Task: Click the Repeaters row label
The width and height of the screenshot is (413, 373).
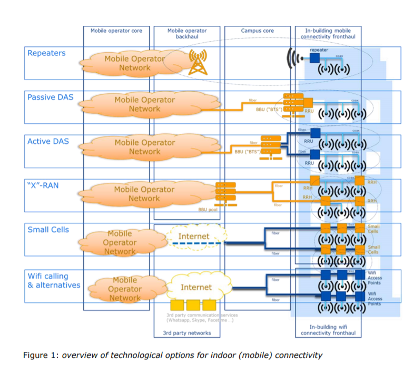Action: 46,53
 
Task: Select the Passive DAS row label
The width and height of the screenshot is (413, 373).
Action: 51,97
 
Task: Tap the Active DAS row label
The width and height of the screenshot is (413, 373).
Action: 48,141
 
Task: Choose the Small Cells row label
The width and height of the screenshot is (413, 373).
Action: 48,230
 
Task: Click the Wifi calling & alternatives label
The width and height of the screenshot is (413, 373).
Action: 54,281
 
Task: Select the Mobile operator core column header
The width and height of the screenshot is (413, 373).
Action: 116,31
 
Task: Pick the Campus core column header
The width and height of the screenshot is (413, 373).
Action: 258,31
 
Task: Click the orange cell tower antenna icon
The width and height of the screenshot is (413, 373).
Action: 198,61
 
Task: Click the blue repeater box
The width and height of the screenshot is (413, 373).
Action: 314,58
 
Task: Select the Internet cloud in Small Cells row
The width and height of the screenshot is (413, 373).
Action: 194,237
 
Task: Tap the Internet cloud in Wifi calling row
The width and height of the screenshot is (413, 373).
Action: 196,287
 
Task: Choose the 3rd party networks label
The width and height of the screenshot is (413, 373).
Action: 187,333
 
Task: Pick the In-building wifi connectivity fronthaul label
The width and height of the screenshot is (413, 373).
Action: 328,330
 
